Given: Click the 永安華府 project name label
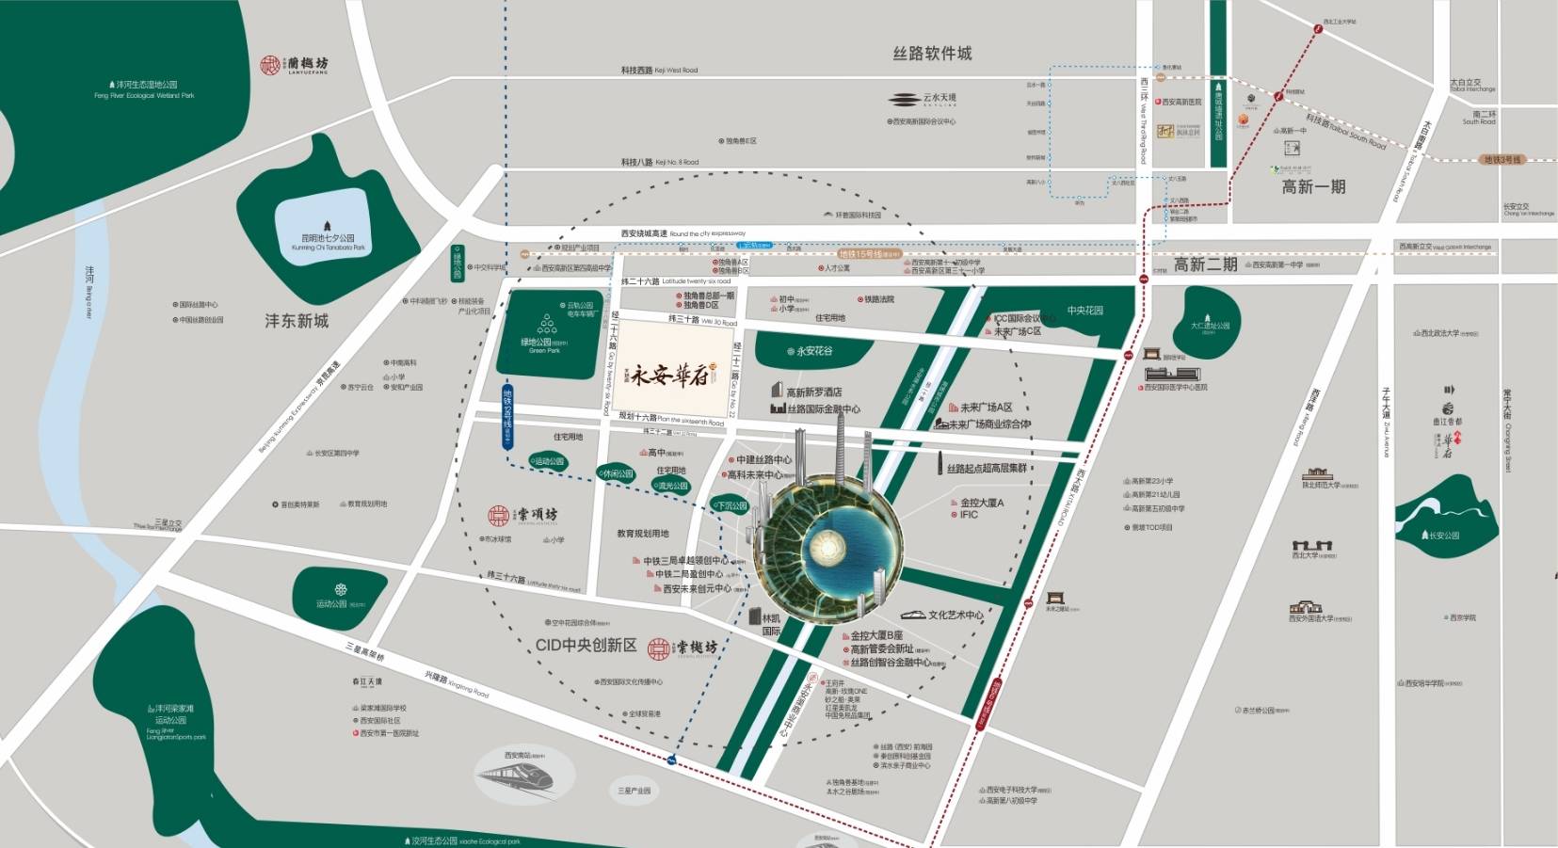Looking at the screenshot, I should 668,376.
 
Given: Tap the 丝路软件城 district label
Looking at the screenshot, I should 932,54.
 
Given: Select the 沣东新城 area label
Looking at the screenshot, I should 297,321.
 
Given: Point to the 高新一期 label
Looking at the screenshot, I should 1313,186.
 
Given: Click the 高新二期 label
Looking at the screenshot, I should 1205,264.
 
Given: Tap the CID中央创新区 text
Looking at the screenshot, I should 586,645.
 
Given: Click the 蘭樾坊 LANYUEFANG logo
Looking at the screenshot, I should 295,65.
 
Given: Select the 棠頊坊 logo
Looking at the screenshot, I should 523,515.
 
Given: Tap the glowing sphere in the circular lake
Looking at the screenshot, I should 827,543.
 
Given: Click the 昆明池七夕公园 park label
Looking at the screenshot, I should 327,238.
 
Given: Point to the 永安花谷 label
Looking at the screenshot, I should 810,351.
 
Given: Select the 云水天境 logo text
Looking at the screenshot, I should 924,99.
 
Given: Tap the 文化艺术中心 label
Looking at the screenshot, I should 955,615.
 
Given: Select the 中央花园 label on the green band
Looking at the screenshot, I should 1084,311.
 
